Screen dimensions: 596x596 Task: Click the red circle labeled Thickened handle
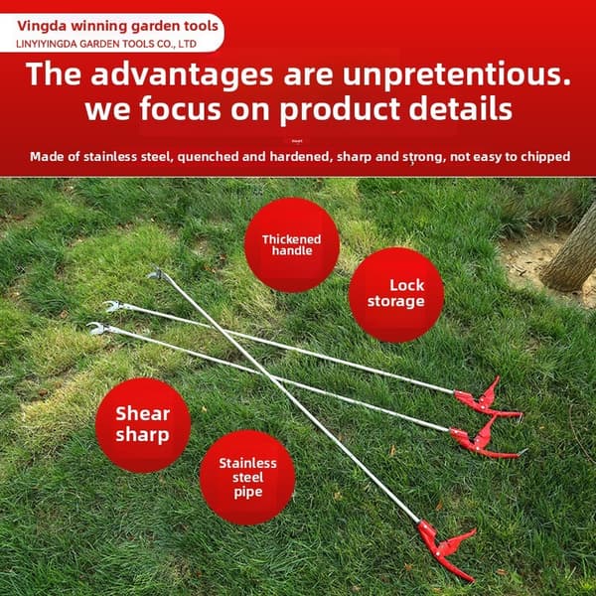click(291, 244)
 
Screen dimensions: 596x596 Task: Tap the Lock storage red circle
click(396, 295)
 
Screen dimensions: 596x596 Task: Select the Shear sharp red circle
click(143, 425)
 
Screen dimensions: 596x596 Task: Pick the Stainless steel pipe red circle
click(247, 478)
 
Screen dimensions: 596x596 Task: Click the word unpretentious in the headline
click(457, 74)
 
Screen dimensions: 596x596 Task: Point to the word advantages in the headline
click(182, 74)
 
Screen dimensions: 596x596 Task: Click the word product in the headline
click(340, 109)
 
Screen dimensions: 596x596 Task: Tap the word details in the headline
click(460, 108)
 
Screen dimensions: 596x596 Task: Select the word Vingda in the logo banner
click(42, 26)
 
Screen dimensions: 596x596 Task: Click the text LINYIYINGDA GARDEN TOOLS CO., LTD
click(106, 44)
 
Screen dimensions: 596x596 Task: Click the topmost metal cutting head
click(157, 274)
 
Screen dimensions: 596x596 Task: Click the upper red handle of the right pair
click(488, 400)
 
